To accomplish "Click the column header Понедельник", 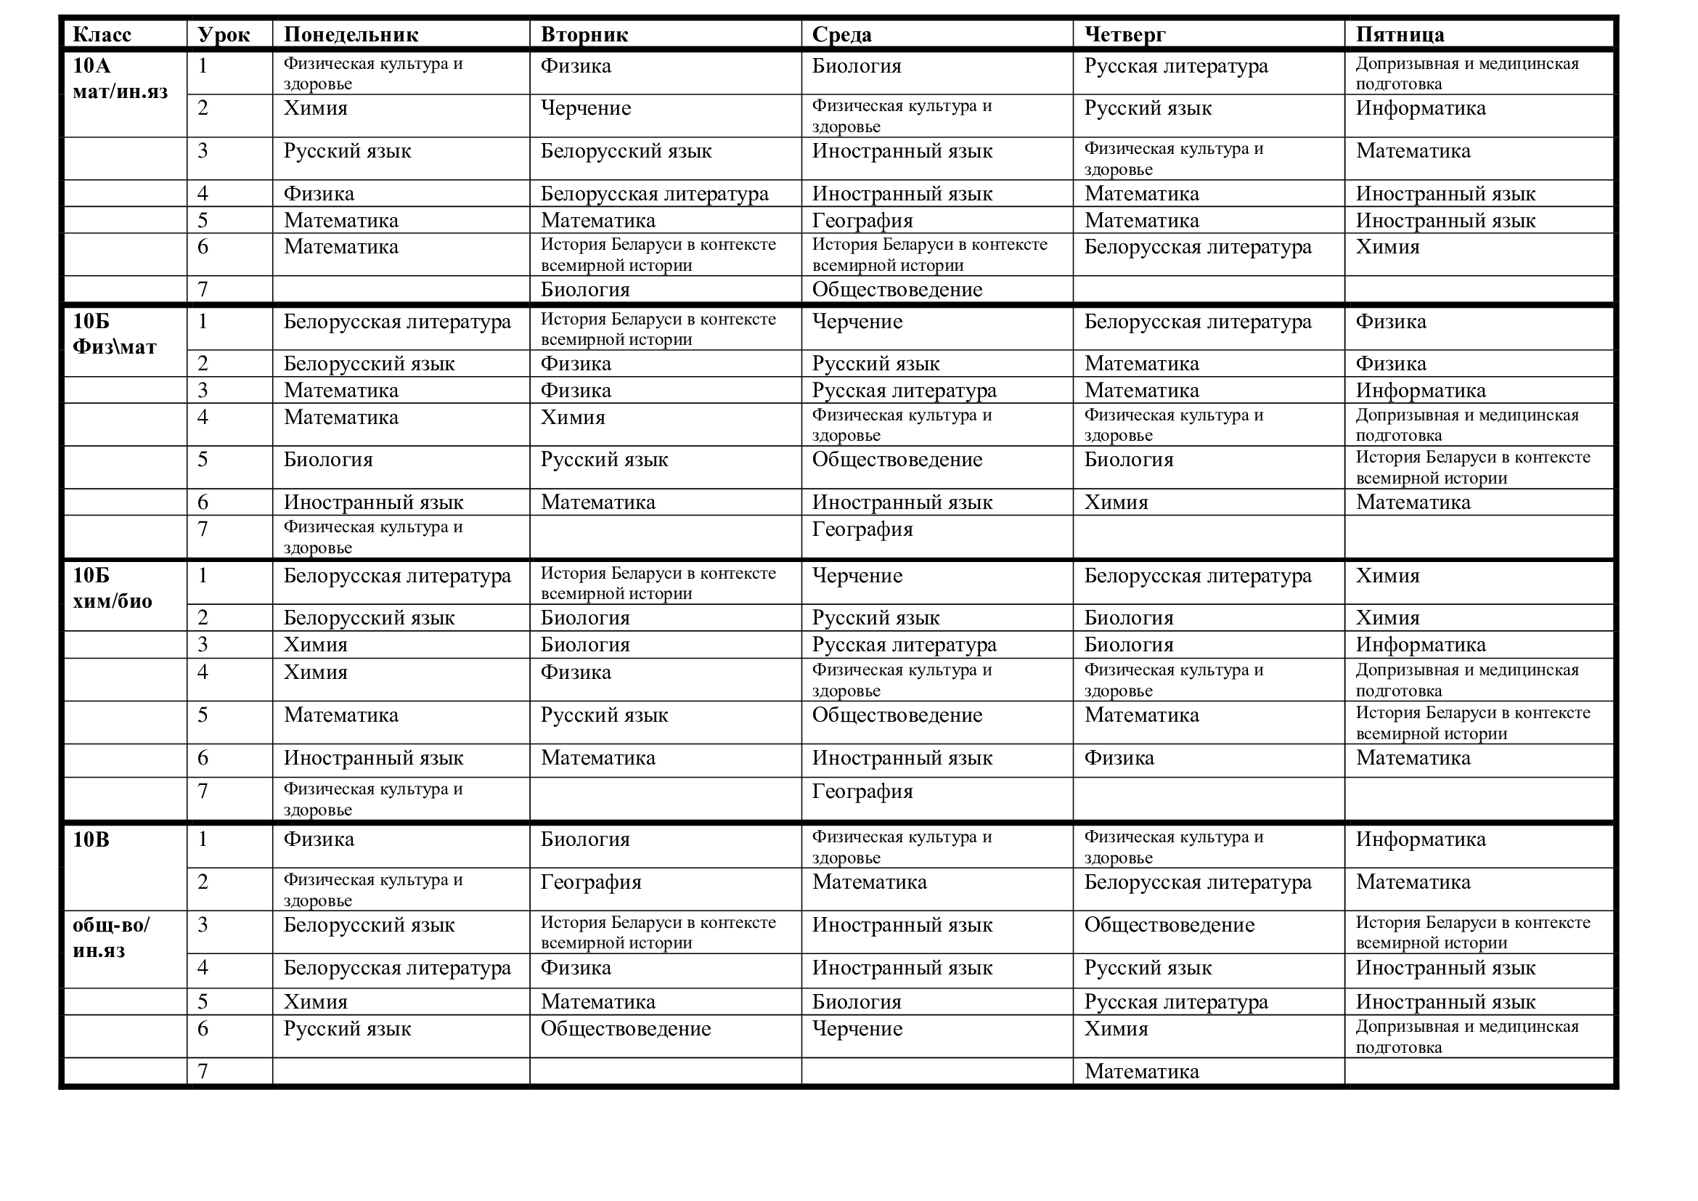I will point(351,35).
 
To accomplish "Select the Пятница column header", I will point(1399,35).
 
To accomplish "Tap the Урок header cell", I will point(224,35).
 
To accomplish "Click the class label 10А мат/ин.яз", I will point(120,79).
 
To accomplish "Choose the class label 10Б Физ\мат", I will point(115,334).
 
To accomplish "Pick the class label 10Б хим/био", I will point(113,589).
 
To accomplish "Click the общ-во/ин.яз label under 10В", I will point(111,937).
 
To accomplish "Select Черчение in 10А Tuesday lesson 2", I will point(586,109).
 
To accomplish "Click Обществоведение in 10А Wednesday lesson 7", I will point(897,290).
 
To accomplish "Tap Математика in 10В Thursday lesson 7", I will point(1141,1072).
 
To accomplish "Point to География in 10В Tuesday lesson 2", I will point(591,882).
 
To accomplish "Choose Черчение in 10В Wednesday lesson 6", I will point(857,1029).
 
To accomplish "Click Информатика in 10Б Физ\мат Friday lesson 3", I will point(1420,391).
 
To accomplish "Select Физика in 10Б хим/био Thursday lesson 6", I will point(1119,758).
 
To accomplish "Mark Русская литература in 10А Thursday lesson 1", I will point(1176,67).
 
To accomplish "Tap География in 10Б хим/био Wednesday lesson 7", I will point(862,791).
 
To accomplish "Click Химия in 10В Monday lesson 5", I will point(316,1002).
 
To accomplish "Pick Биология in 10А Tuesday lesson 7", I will point(585,290).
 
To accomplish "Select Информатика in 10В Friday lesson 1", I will point(1420,839).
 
